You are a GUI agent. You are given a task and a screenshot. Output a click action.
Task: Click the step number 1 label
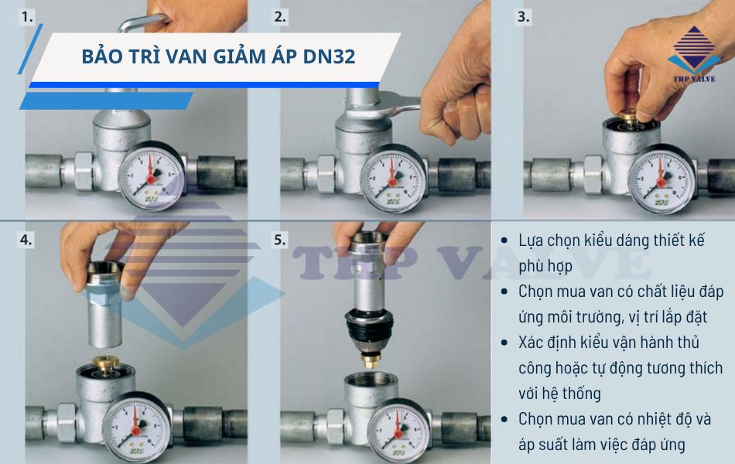tap(27, 17)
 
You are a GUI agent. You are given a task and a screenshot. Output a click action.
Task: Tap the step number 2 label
tap(280, 17)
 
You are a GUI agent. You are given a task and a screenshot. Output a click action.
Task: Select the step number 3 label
tap(524, 17)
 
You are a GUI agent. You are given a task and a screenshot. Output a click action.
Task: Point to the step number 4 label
tap(26, 240)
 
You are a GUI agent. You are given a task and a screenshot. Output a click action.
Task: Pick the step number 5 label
tap(280, 240)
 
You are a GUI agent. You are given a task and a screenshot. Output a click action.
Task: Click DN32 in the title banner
tap(329, 56)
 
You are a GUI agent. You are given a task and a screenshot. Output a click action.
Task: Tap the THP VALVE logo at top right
tap(694, 54)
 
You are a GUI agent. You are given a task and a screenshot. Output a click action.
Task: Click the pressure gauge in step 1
tap(152, 176)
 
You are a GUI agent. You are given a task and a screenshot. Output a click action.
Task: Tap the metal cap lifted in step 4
tap(105, 304)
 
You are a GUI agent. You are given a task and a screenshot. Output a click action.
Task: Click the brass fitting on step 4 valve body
tap(107, 363)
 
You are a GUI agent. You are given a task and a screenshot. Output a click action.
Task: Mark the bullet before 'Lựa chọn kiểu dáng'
tap(504, 241)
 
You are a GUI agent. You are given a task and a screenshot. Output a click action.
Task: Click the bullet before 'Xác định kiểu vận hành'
tap(504, 343)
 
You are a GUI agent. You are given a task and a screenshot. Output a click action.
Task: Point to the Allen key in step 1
tap(141, 22)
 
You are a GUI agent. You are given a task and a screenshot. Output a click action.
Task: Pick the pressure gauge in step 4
tap(136, 427)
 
